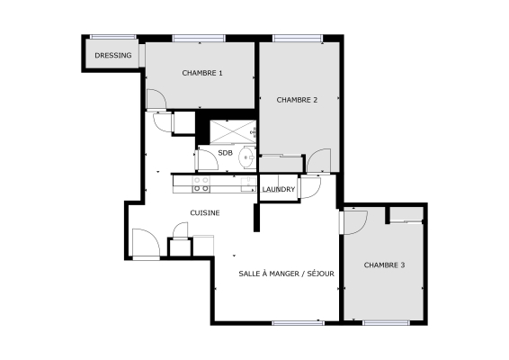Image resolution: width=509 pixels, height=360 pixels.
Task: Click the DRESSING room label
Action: point(112,55)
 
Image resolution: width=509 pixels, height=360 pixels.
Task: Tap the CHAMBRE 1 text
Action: point(202,73)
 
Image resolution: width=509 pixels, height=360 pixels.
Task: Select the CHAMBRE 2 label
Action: point(297,100)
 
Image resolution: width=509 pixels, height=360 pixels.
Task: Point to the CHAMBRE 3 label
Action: point(384,265)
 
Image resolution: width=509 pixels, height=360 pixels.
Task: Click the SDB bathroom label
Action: point(226,153)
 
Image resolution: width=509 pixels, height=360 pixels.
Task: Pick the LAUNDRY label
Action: point(279,189)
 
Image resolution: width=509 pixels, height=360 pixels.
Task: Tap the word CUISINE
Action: point(205,212)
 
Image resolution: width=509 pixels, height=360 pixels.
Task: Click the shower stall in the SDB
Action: point(228,130)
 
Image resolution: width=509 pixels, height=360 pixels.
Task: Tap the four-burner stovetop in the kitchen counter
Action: point(201,184)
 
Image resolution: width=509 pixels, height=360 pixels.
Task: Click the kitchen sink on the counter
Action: point(246,184)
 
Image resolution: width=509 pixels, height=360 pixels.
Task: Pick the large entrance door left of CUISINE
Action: point(144,242)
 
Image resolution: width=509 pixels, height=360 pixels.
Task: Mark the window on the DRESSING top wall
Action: point(113,37)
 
